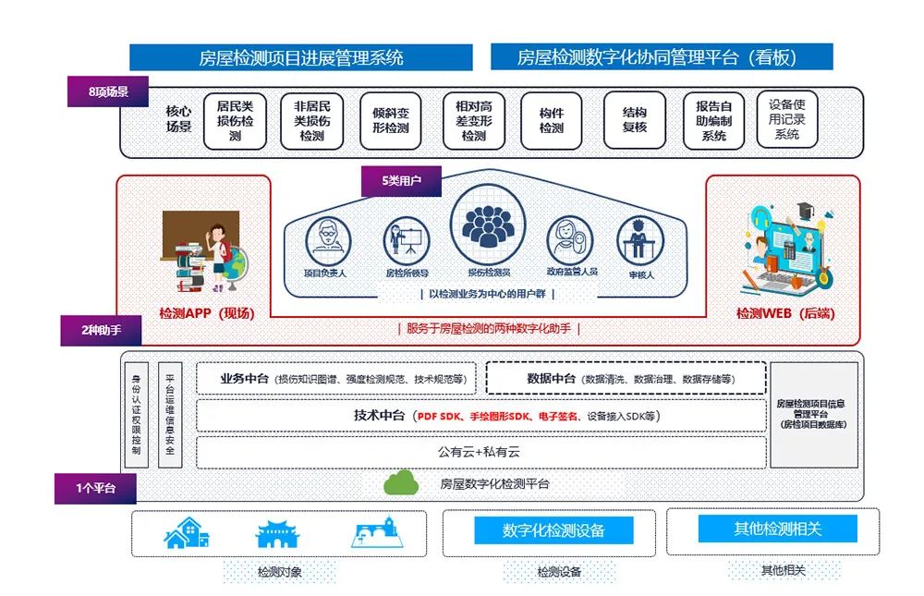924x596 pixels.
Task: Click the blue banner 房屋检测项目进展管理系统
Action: coord(301,57)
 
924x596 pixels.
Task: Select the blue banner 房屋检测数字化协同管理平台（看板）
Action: coord(662,57)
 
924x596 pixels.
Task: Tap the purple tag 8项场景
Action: coord(110,91)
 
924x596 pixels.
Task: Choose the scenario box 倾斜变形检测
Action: coord(391,121)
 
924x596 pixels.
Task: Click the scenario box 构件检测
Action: coord(552,121)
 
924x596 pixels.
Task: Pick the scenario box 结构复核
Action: coord(635,120)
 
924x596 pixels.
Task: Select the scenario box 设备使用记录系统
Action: coord(787,120)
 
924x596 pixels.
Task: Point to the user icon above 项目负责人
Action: coord(328,239)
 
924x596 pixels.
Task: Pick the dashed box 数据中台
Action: coord(626,378)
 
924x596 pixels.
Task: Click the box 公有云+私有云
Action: coord(480,452)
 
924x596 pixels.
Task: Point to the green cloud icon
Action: coord(401,481)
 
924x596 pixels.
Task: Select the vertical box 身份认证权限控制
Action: coord(136,415)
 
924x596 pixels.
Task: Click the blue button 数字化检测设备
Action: coord(553,530)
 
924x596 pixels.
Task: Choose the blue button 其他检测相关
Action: coord(777,529)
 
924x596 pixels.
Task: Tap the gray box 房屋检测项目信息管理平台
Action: coord(814,414)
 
